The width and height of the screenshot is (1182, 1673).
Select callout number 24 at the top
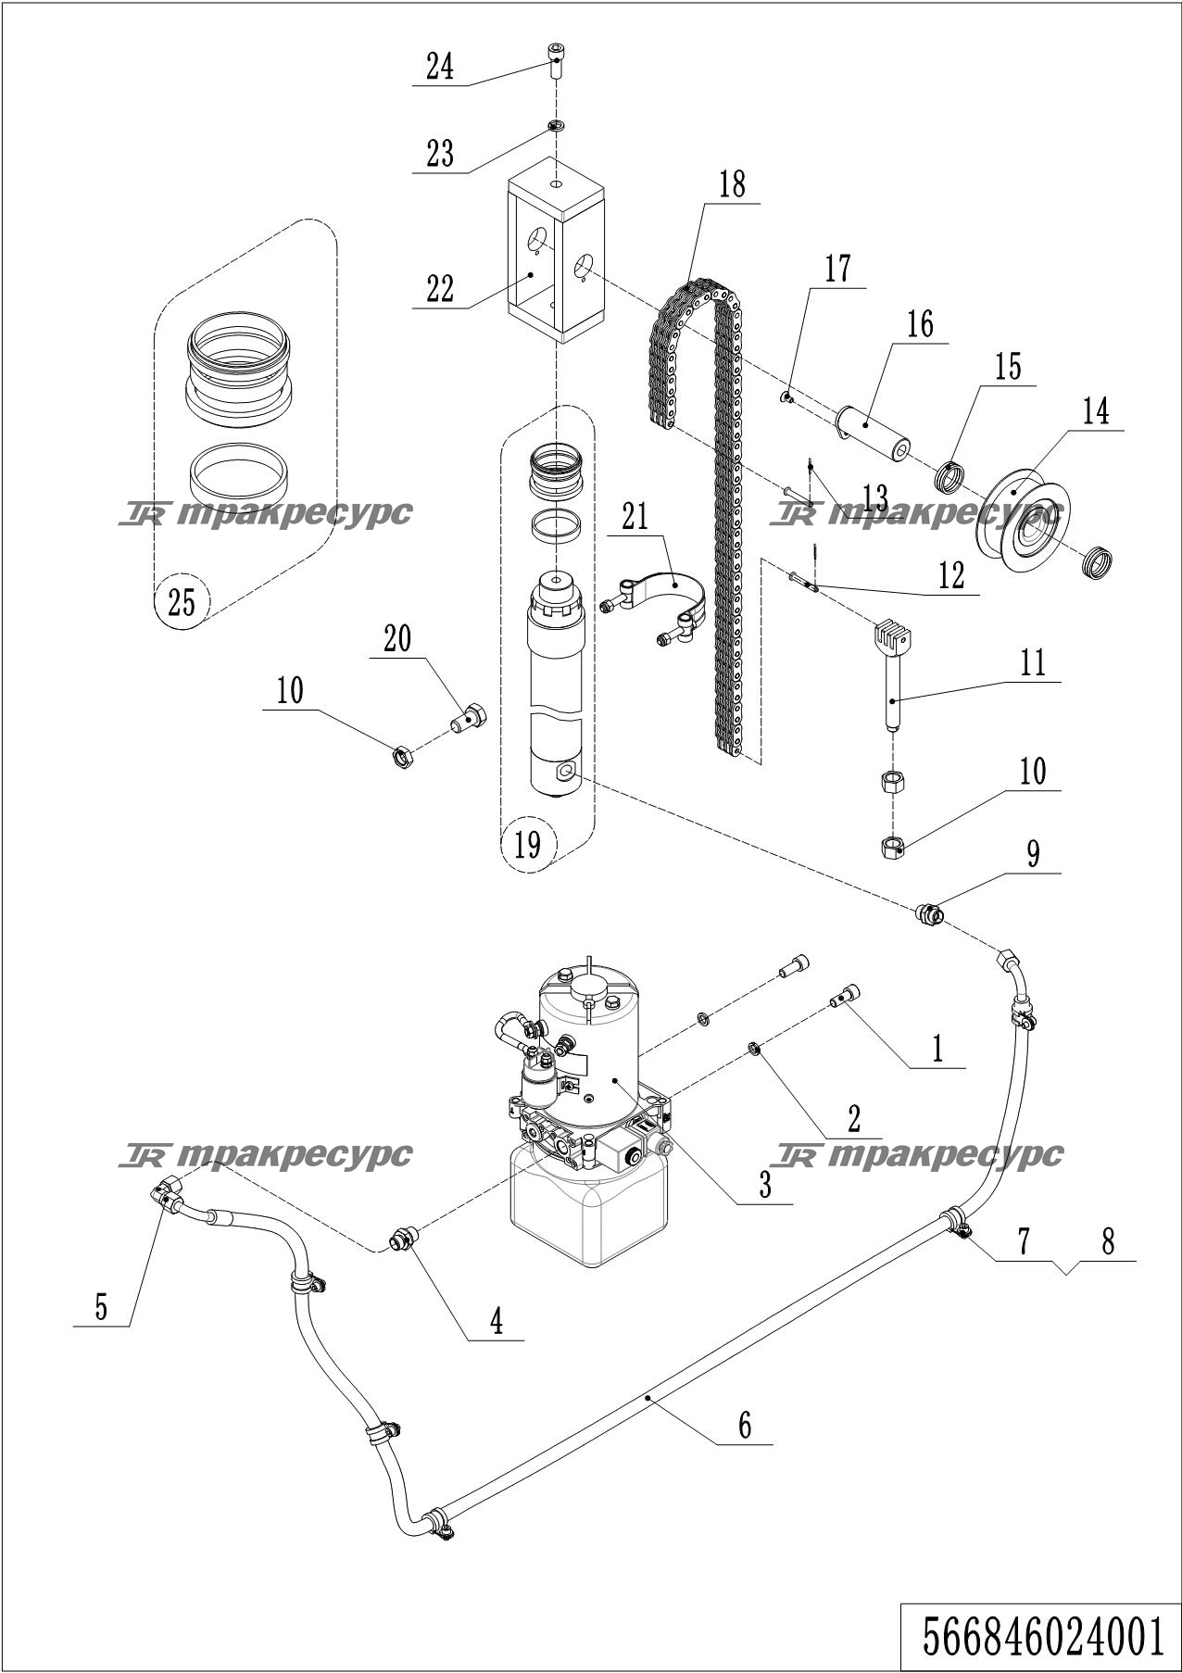440,67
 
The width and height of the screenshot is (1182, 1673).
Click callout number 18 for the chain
731,183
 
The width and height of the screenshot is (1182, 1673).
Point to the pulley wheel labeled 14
1024,521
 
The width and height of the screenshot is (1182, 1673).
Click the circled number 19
527,845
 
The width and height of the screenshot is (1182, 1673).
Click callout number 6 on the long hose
745,1424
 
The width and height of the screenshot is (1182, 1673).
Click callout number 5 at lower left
101,1306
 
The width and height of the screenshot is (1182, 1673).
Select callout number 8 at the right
1108,1240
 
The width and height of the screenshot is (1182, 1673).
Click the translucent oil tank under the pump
589,1204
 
